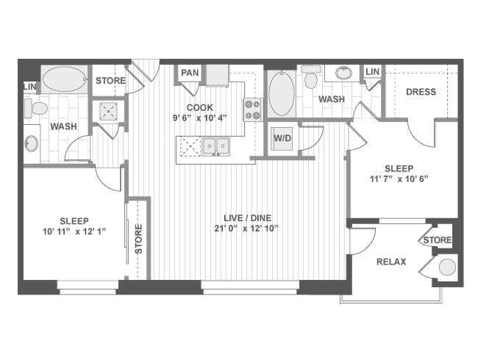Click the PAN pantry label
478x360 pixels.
(x=190, y=73)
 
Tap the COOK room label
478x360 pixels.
(x=200, y=107)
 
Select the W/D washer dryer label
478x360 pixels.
(x=282, y=138)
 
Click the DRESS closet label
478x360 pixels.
(x=421, y=92)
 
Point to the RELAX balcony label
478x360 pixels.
(x=391, y=262)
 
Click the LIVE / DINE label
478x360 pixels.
(x=247, y=218)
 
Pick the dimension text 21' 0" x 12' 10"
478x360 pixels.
(x=246, y=228)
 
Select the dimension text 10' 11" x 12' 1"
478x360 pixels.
(x=74, y=231)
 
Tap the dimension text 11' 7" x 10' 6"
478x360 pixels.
(x=399, y=179)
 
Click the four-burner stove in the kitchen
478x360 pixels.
(x=253, y=109)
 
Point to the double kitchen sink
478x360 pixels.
(x=216, y=146)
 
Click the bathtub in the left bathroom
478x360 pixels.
(x=64, y=79)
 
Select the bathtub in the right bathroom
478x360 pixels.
(x=282, y=93)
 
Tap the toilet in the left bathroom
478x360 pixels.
(x=36, y=109)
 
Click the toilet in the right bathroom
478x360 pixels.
(x=310, y=77)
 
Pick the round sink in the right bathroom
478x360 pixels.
(x=343, y=73)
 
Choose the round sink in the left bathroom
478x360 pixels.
(x=32, y=143)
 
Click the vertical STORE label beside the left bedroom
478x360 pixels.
(x=138, y=239)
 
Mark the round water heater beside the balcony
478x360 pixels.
(x=447, y=267)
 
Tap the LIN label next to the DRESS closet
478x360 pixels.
(x=372, y=71)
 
